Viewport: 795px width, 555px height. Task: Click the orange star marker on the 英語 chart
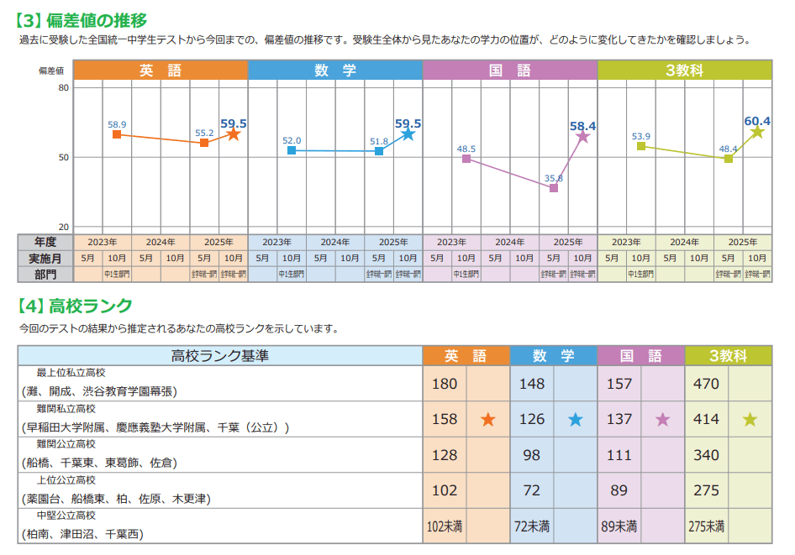pyautogui.click(x=234, y=134)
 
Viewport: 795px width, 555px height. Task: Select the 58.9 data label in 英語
pyautogui.click(x=117, y=124)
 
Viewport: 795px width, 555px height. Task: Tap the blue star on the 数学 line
pyautogui.click(x=408, y=134)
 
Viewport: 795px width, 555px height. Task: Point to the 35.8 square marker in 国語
pyautogui.click(x=554, y=188)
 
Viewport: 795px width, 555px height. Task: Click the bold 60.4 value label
pyautogui.click(x=757, y=121)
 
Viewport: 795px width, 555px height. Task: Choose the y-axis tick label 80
pyautogui.click(x=64, y=87)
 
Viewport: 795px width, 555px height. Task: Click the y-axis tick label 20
pyautogui.click(x=64, y=227)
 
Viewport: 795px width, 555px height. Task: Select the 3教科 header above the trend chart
pyautogui.click(x=684, y=71)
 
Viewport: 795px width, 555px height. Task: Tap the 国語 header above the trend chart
pyautogui.click(x=509, y=71)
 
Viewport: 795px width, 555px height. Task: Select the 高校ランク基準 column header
pyautogui.click(x=220, y=356)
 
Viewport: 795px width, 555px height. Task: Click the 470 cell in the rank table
pyautogui.click(x=706, y=385)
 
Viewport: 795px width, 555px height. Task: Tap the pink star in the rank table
pyautogui.click(x=663, y=420)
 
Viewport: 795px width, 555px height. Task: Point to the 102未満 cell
pyautogui.click(x=445, y=526)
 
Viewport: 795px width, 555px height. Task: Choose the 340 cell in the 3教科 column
pyautogui.click(x=706, y=455)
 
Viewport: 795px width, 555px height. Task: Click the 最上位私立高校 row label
pyautogui.click(x=71, y=372)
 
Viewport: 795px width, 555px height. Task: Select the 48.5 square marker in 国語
pyautogui.click(x=466, y=159)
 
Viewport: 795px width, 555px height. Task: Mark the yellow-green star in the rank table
pyautogui.click(x=750, y=420)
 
